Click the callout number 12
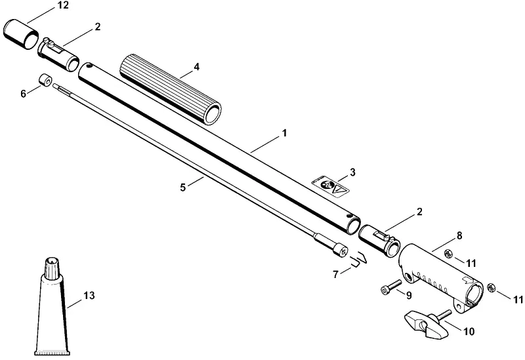pyautogui.click(x=62, y=5)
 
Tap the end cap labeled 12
pyautogui.click(x=21, y=34)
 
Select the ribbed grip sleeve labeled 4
pyautogui.click(x=170, y=89)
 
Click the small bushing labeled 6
pyautogui.click(x=45, y=80)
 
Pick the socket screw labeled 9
pyautogui.click(x=391, y=287)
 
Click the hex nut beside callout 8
pyautogui.click(x=449, y=254)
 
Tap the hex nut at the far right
pyautogui.click(x=491, y=287)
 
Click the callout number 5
pyautogui.click(x=183, y=188)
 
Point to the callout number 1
pyautogui.click(x=284, y=133)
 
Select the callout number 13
pyautogui.click(x=89, y=296)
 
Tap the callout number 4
pyautogui.click(x=196, y=67)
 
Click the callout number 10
pyautogui.click(x=469, y=331)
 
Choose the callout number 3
pyautogui.click(x=352, y=172)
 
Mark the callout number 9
pyautogui.click(x=409, y=296)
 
